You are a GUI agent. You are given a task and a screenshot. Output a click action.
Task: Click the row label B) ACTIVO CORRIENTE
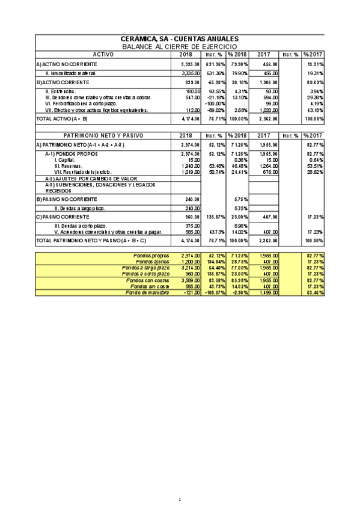63,82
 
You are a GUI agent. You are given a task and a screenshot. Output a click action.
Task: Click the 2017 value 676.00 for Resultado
270,172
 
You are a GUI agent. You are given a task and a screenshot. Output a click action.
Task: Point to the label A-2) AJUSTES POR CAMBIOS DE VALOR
91,179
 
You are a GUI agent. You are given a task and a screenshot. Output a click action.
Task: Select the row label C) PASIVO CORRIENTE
63,217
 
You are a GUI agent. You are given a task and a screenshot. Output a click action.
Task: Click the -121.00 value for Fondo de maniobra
191,292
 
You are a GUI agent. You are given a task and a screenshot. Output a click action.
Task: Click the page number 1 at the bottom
180,500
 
